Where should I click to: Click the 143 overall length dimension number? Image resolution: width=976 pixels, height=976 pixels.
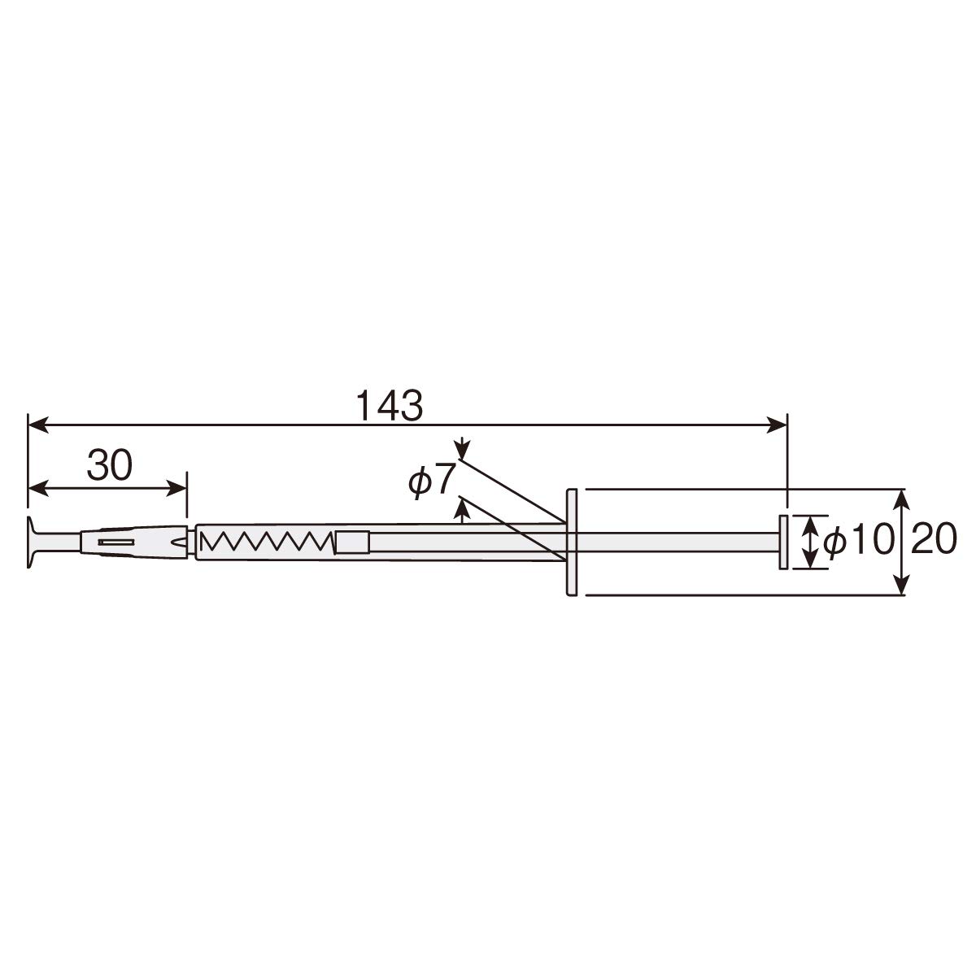(x=389, y=406)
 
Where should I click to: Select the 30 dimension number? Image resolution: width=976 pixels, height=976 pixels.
(x=110, y=465)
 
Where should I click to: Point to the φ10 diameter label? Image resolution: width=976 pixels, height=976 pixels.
(x=857, y=539)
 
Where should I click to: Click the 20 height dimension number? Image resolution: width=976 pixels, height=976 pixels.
(x=934, y=539)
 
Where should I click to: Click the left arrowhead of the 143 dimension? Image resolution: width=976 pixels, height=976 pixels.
(x=38, y=425)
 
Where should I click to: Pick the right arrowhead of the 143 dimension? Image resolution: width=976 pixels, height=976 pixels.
(x=777, y=425)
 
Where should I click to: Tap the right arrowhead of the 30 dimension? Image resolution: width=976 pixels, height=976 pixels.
(x=177, y=489)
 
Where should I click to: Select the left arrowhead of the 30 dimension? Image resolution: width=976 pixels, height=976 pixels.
(x=38, y=489)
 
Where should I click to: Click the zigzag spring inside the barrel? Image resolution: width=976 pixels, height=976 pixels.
(x=268, y=541)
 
